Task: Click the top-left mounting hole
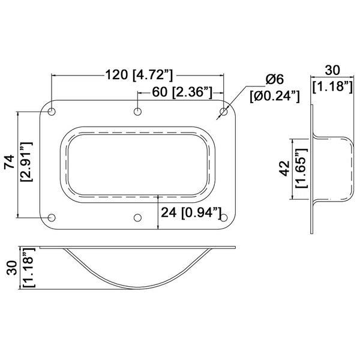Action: (x=52, y=112)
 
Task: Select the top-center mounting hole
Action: (x=137, y=112)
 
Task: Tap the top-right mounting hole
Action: (x=224, y=112)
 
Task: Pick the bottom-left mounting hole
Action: (x=52, y=218)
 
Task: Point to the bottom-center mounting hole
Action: (x=137, y=218)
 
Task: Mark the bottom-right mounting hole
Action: (x=224, y=218)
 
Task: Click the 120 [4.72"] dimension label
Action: (x=139, y=75)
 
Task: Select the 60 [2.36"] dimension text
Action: (x=182, y=92)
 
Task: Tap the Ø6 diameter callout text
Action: (x=275, y=79)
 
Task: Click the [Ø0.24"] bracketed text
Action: (x=275, y=96)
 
